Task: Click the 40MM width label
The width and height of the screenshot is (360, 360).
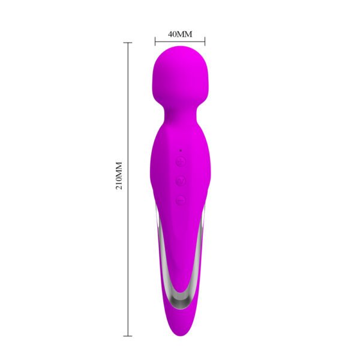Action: tap(180, 34)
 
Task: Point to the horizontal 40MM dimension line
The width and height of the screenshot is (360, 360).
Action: tap(180, 41)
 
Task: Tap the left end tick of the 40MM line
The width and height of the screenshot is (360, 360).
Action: tap(155, 41)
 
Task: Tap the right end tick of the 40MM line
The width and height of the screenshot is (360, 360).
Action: tap(205, 41)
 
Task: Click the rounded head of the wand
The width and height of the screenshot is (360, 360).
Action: tap(180, 75)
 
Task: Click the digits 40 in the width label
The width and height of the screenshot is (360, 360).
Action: tap(173, 34)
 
